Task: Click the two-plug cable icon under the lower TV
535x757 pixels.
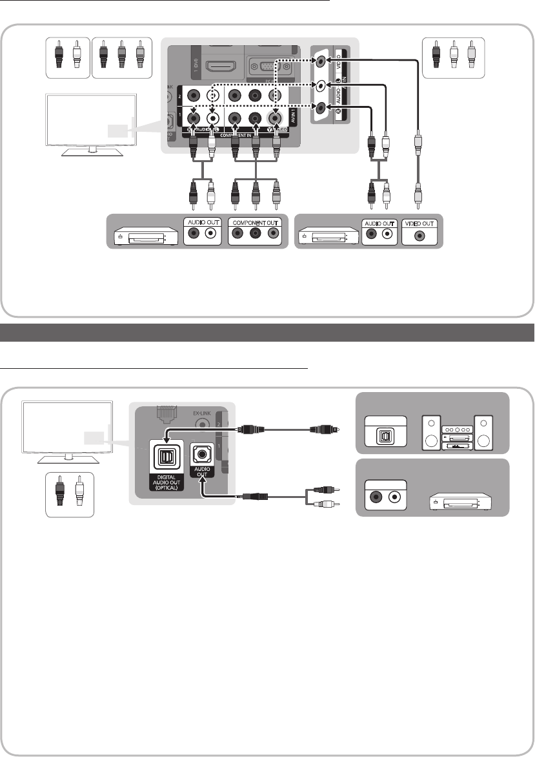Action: click(x=70, y=495)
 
